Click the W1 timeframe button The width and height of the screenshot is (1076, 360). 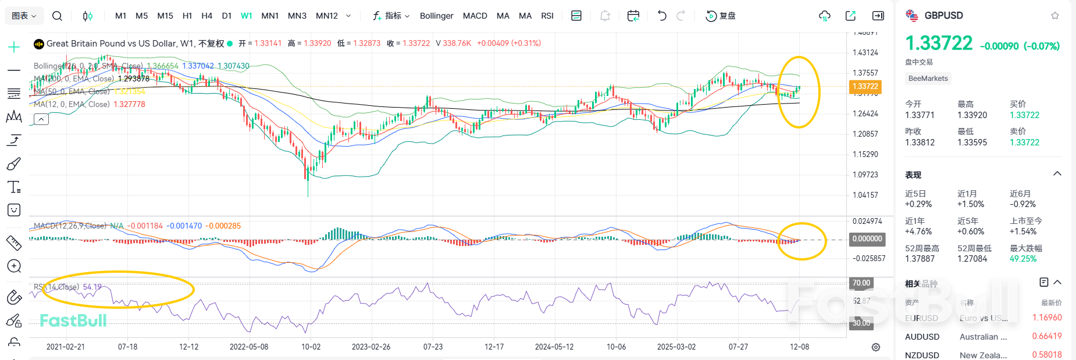pos(246,16)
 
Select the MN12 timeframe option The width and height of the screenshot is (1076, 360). pos(327,16)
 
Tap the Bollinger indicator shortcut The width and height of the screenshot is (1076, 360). pos(436,16)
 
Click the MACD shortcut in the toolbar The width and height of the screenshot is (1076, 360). pos(475,16)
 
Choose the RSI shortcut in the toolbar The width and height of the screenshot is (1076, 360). pos(547,16)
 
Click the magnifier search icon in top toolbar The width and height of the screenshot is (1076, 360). pos(57,16)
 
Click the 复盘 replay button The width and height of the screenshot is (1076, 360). pos(721,16)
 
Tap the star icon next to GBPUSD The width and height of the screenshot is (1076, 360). pos(1054,16)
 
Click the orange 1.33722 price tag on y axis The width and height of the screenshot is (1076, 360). pos(865,87)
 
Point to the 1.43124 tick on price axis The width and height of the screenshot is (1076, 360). pos(865,52)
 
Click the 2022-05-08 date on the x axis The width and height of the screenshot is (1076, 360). pos(249,347)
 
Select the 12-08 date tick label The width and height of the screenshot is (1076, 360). pos(799,347)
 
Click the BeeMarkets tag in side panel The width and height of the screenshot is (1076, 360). pos(928,79)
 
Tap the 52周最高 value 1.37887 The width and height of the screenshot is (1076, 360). pos(920,259)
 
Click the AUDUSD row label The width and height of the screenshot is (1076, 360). pos(922,337)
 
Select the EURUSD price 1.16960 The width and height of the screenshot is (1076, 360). pos(1046,318)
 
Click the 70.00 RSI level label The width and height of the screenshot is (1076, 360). pos(861,283)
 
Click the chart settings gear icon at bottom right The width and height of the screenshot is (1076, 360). pos(875,347)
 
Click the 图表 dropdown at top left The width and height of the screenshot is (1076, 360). pos(24,16)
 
